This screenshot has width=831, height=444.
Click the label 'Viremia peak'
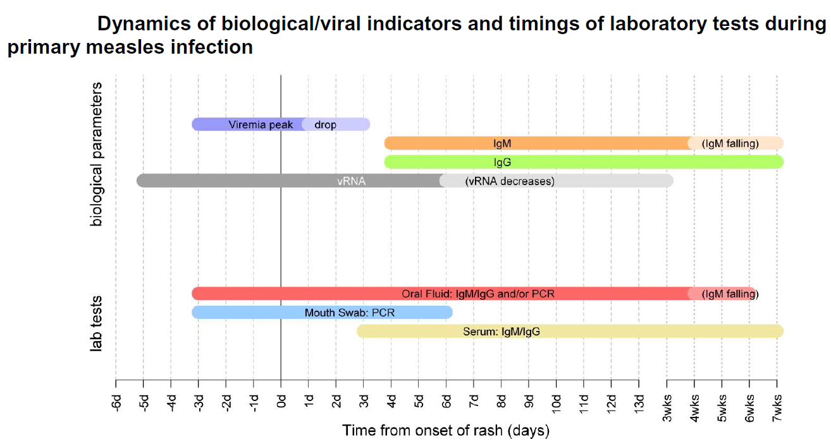tap(261, 124)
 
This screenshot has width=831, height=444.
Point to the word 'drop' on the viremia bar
tap(325, 124)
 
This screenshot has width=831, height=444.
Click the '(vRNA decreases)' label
tap(509, 181)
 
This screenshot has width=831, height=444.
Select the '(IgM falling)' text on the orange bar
tap(730, 143)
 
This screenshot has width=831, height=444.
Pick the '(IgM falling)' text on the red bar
tap(730, 294)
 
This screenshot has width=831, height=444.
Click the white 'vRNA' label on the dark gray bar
tap(351, 181)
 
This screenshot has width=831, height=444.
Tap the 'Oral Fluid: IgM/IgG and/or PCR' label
tap(478, 294)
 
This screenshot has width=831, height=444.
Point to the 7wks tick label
tap(777, 403)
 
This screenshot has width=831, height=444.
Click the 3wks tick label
tap(667, 403)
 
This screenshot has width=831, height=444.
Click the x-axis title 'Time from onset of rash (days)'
tap(446, 431)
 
